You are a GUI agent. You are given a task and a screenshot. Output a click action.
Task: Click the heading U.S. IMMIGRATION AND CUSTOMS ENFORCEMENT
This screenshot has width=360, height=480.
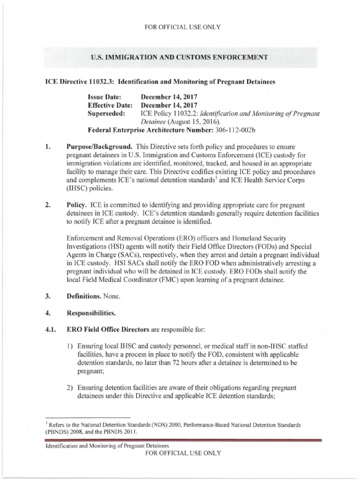(180, 57)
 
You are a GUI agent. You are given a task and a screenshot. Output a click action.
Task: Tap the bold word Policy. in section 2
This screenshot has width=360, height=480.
(77, 206)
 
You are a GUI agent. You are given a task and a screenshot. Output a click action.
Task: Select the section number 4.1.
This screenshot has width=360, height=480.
(50, 329)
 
